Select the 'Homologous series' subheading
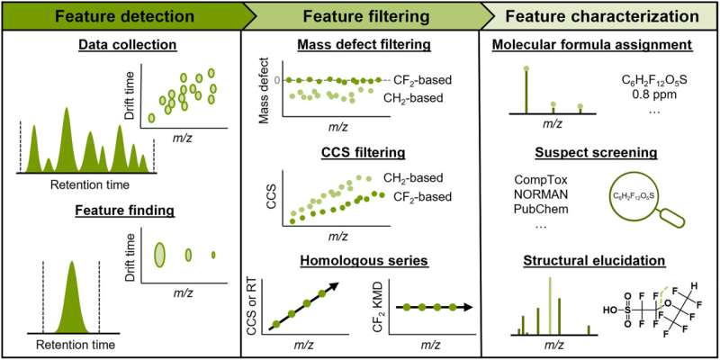coord(362,261)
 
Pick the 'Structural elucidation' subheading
coord(601,261)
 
